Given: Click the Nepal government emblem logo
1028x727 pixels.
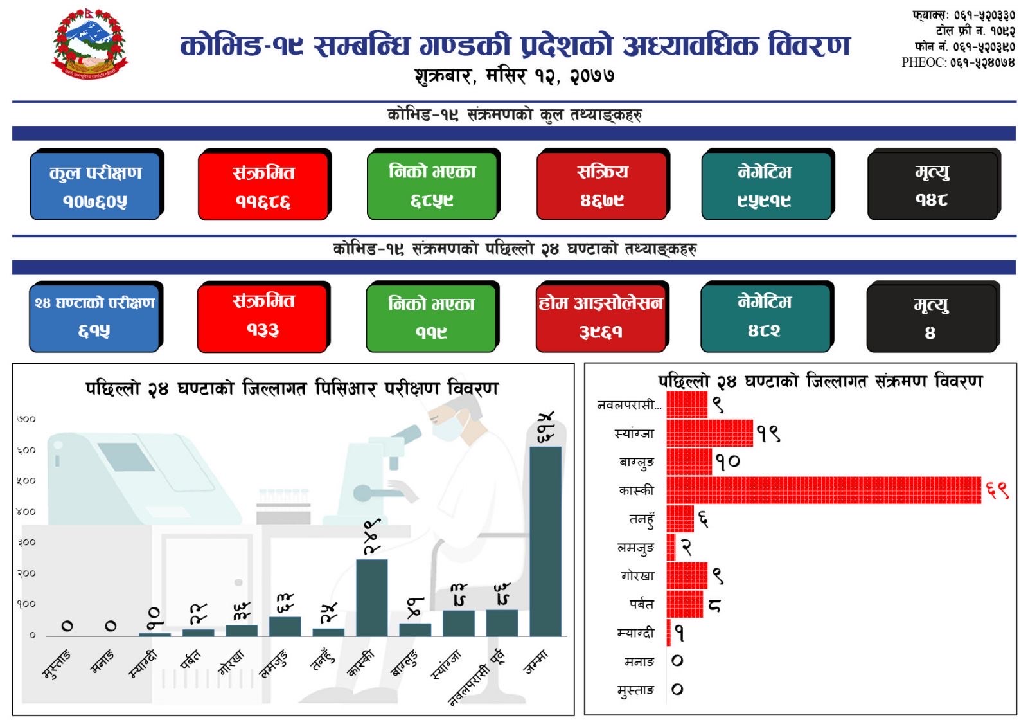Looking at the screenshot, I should click(90, 44).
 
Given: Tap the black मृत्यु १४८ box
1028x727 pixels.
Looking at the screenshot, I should click(932, 185).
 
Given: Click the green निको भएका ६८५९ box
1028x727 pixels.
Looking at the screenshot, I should click(432, 185).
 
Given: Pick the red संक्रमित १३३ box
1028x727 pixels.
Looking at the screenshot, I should click(263, 317).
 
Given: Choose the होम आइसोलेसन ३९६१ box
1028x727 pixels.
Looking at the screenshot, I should click(601, 317).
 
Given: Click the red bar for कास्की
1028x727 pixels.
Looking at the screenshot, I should click(824, 490).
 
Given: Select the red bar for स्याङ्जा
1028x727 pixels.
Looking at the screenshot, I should click(709, 433).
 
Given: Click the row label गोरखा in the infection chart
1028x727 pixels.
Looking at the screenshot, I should click(637, 576).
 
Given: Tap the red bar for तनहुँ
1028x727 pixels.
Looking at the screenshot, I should click(680, 518).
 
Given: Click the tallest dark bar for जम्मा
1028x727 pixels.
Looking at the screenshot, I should click(545, 541).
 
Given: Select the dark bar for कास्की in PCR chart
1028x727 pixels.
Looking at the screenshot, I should click(372, 598).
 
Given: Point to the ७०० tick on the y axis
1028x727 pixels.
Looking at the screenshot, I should click(26, 419).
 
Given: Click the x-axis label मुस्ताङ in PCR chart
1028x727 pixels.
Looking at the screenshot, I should click(57, 664).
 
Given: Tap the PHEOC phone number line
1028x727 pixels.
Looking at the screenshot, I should click(957, 62).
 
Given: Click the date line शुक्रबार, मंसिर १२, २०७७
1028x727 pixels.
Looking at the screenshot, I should click(514, 76).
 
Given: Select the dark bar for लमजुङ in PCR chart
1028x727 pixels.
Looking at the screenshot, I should click(285, 627).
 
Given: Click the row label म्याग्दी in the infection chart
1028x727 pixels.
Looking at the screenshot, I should click(635, 633).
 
